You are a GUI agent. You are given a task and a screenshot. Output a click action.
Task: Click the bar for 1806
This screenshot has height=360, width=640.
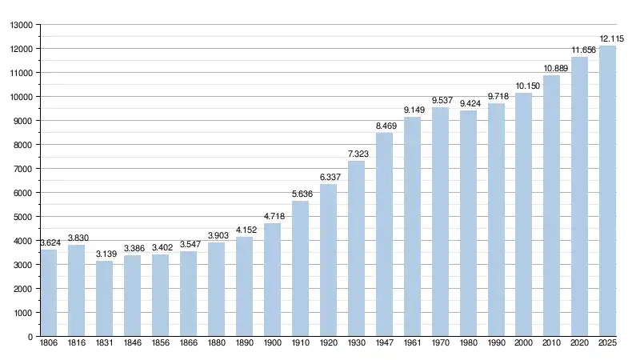[x=49, y=293]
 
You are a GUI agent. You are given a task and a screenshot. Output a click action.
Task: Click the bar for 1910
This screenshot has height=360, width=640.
[x=300, y=269]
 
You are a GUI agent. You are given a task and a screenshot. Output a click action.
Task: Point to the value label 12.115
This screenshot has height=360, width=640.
[x=612, y=38]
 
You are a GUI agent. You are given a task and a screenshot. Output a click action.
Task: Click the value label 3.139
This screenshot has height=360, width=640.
[x=104, y=254]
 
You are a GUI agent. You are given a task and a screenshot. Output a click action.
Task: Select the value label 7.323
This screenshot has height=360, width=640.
[x=356, y=154]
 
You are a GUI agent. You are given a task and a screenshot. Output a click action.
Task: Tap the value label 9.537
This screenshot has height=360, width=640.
[x=442, y=100]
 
